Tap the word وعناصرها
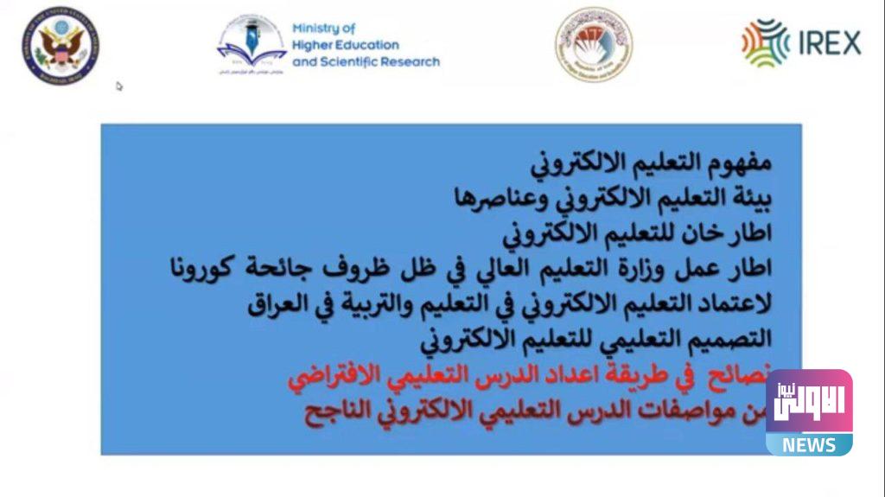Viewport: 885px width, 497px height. pyautogui.click(x=500, y=198)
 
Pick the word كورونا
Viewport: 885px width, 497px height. pyautogui.click(x=201, y=269)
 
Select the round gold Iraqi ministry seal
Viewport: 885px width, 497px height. pyautogui.click(x=593, y=43)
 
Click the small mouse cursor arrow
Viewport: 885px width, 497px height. pyautogui.click(x=119, y=86)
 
